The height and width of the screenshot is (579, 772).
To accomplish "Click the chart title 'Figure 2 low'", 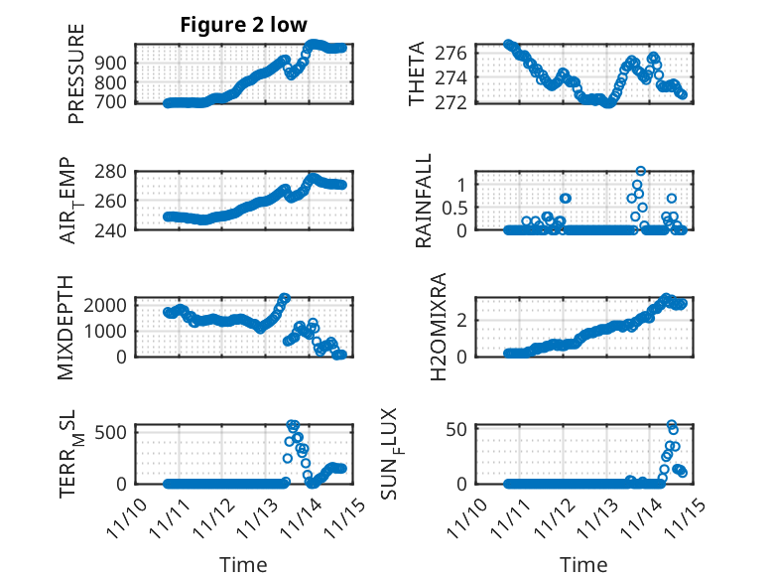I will pyautogui.click(x=243, y=25).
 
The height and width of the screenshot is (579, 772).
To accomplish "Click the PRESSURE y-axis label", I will pyautogui.click(x=76, y=73).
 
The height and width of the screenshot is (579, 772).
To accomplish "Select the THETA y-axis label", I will pyautogui.click(x=418, y=73).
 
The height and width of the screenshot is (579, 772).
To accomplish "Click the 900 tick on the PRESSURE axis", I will pyautogui.click(x=113, y=63).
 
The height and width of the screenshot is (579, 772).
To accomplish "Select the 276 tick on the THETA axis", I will pyautogui.click(x=454, y=51).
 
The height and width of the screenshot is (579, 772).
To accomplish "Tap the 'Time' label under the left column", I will pyautogui.click(x=243, y=564).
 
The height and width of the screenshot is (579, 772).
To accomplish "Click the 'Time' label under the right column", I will pyautogui.click(x=583, y=564).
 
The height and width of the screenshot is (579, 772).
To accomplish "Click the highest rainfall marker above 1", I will pyautogui.click(x=641, y=172).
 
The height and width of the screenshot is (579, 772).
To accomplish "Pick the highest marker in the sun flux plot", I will pyautogui.click(x=672, y=425).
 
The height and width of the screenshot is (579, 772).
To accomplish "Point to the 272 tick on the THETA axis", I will pyautogui.click(x=454, y=102).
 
